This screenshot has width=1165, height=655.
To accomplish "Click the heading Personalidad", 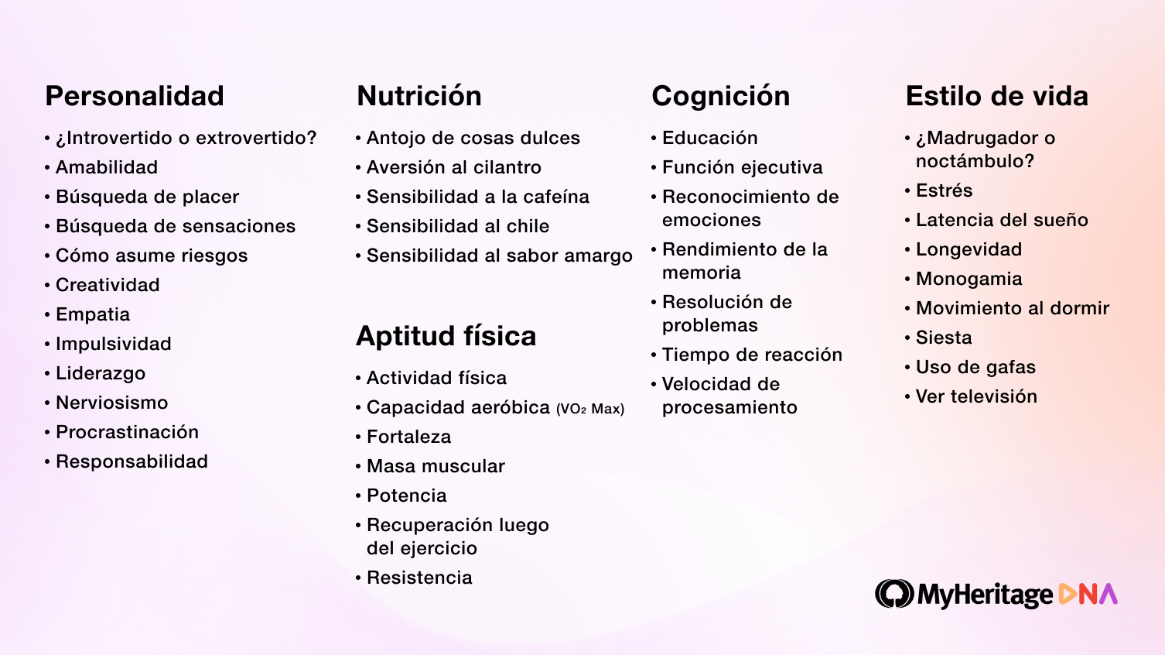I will (x=135, y=96).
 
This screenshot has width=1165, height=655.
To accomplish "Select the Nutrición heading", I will (x=419, y=96).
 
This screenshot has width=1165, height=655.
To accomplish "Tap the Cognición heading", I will (x=720, y=96).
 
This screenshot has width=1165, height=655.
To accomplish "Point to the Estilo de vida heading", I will (x=996, y=96).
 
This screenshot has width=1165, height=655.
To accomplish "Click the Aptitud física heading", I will (x=446, y=336).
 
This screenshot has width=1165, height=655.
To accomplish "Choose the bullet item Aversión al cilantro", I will (x=453, y=167).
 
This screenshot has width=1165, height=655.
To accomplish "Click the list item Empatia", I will (x=92, y=314).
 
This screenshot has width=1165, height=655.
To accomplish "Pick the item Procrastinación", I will (x=127, y=432).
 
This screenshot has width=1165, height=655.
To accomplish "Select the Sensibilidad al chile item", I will (x=457, y=226).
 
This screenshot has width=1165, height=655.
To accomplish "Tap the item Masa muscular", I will (x=436, y=466).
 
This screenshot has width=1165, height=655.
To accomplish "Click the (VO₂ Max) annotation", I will (x=590, y=409).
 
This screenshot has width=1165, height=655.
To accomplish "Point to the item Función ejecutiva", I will (x=742, y=167).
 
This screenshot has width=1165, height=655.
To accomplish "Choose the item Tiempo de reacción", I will (x=752, y=355).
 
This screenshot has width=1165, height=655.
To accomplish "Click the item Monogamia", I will (x=969, y=279).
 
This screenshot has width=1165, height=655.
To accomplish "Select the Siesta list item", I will (x=944, y=338).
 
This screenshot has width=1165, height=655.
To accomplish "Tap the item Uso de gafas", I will (x=975, y=367).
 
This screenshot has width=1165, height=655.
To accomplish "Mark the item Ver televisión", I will (x=976, y=396).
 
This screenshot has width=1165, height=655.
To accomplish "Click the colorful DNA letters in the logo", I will (x=1088, y=594).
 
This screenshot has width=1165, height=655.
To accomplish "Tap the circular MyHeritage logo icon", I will (x=894, y=594).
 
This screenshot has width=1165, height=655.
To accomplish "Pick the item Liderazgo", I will (x=101, y=373).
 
